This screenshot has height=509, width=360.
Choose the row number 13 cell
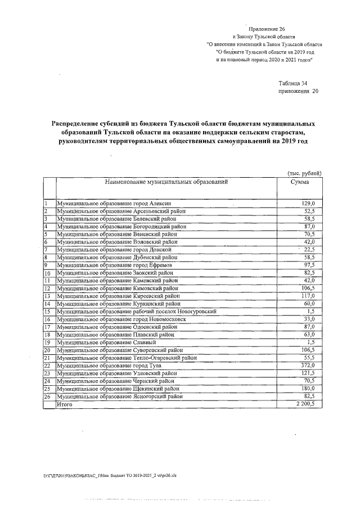point(48,296)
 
